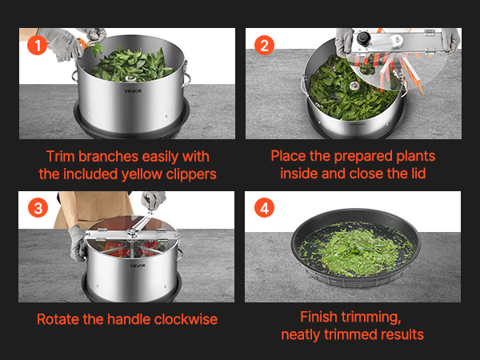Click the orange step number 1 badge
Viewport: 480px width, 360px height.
(x=38, y=46)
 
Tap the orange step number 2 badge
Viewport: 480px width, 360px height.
(x=264, y=46)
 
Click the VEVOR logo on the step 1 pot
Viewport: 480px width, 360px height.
(x=133, y=91)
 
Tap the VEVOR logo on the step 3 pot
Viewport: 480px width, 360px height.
(x=138, y=266)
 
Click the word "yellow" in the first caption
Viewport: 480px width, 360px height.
(x=142, y=174)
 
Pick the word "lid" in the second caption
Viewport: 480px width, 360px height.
(x=418, y=174)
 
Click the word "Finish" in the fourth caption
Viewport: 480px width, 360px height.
(x=318, y=317)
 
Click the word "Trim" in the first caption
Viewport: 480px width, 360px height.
(x=60, y=157)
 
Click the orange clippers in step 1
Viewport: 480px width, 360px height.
(x=83, y=44)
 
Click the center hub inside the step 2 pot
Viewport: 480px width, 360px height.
(x=354, y=86)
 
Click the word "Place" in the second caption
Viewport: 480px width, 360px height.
(x=288, y=156)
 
